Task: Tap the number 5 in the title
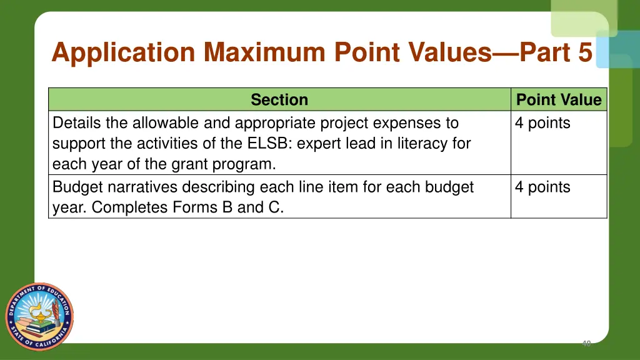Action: click(x=584, y=52)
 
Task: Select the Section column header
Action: click(x=279, y=100)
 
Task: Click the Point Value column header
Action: click(x=559, y=100)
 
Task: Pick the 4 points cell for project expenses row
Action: click(x=542, y=123)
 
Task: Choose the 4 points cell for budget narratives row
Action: click(x=542, y=187)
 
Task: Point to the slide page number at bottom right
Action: click(x=586, y=343)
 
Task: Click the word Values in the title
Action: click(x=450, y=52)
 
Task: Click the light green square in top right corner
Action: click(x=582, y=16)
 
